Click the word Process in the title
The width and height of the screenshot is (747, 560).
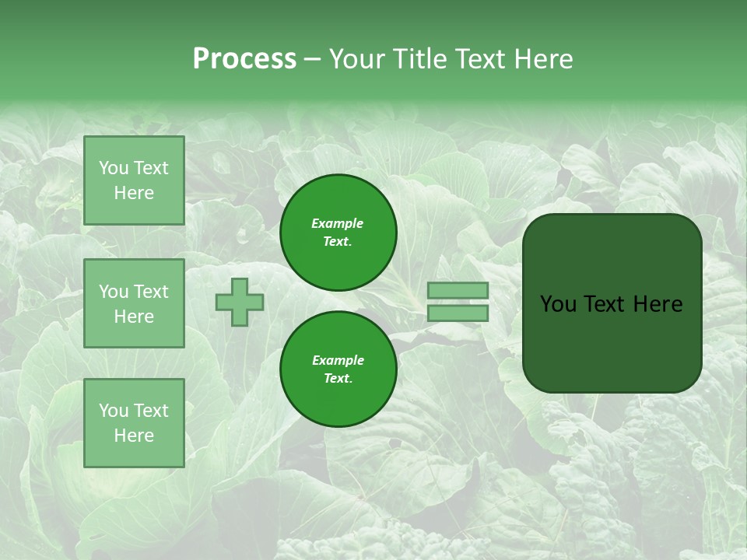pos(244,59)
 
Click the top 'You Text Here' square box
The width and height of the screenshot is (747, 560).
pos(134,180)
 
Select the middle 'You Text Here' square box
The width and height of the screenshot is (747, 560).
pos(134,303)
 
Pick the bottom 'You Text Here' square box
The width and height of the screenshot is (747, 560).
pos(134,423)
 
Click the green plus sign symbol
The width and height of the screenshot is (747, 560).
pos(240,303)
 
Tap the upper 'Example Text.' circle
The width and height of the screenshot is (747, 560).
pos(338,233)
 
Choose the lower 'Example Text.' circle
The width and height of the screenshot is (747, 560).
pos(338,369)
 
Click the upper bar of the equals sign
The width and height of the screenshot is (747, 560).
pos(458,291)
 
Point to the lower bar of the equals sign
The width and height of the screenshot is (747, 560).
pos(458,313)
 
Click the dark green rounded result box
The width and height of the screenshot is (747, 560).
pos(612,303)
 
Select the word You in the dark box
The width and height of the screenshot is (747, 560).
pos(558,304)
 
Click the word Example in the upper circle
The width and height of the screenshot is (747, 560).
pos(338,223)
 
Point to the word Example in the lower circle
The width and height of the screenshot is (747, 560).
pos(338,360)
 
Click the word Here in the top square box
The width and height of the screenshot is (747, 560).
pos(134,193)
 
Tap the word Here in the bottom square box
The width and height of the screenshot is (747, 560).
pos(134,436)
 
